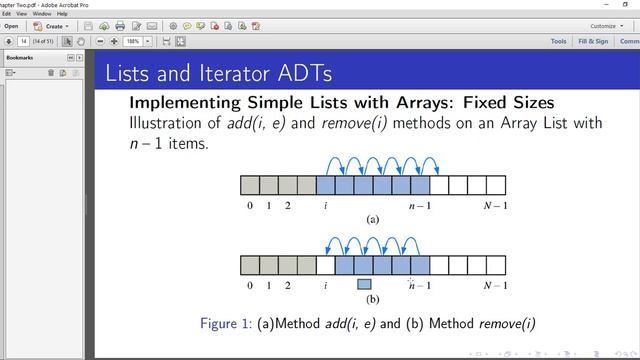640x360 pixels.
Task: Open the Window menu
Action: coord(42,14)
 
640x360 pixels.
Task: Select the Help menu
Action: coord(63,14)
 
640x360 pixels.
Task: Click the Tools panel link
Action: coord(558,41)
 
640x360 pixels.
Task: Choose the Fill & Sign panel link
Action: coord(593,41)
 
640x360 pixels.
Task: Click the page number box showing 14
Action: coord(23,41)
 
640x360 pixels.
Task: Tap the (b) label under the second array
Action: coord(373,299)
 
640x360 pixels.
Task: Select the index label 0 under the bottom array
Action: coord(250,286)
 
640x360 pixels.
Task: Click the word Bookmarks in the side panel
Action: coord(20,58)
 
